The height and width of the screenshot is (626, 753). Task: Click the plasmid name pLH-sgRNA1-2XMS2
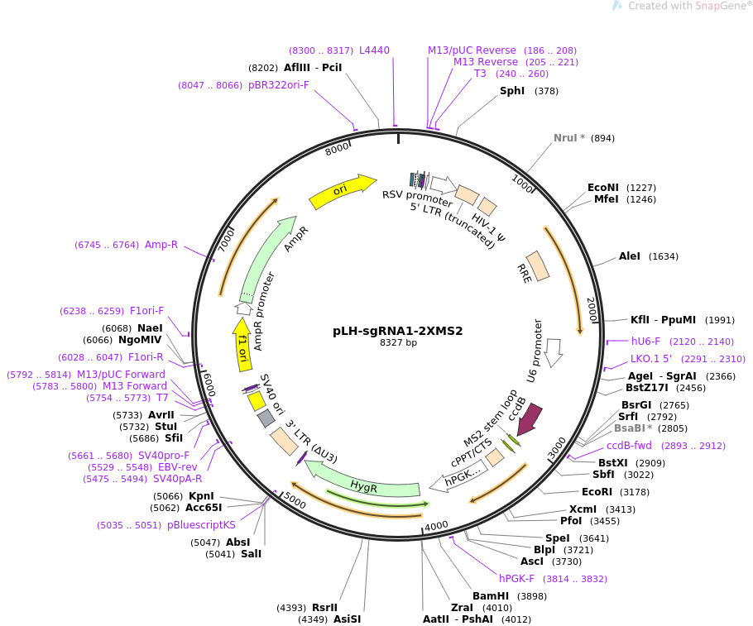[398, 332]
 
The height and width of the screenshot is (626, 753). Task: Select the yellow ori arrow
[342, 190]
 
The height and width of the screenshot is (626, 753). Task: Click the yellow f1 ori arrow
[242, 344]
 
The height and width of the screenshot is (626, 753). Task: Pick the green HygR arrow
[363, 481]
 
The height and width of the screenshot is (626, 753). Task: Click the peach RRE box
[537, 265]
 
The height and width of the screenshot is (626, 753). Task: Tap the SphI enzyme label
[512, 91]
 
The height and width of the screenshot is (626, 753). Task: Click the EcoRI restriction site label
[597, 492]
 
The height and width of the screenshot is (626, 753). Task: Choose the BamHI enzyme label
[491, 596]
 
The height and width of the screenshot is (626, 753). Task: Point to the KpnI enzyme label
[201, 496]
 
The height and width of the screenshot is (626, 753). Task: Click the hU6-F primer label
[645, 342]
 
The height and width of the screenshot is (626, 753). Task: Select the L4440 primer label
[374, 50]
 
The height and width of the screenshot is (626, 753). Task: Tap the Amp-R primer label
[161, 245]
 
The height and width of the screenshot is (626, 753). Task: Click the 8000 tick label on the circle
[337, 149]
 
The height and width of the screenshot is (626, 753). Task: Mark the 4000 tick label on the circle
[437, 526]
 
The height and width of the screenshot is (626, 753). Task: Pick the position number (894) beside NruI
[602, 138]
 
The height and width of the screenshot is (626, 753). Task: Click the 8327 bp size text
[398, 342]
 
